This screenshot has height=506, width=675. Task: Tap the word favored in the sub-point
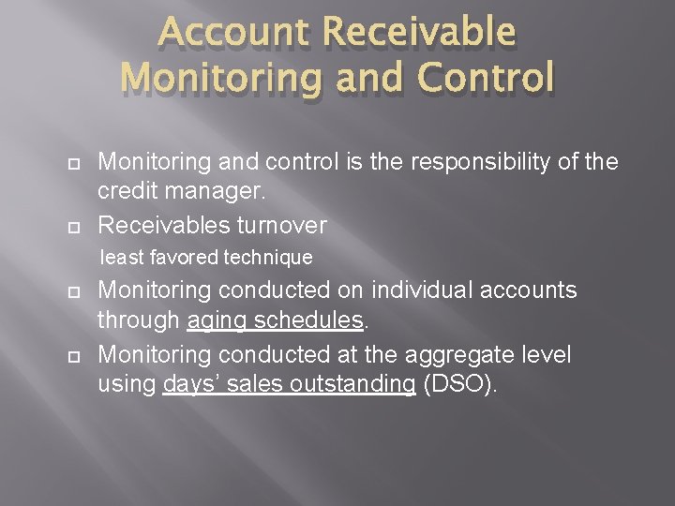pyautogui.click(x=182, y=257)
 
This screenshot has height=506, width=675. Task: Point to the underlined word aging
pyautogui.click(x=217, y=321)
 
